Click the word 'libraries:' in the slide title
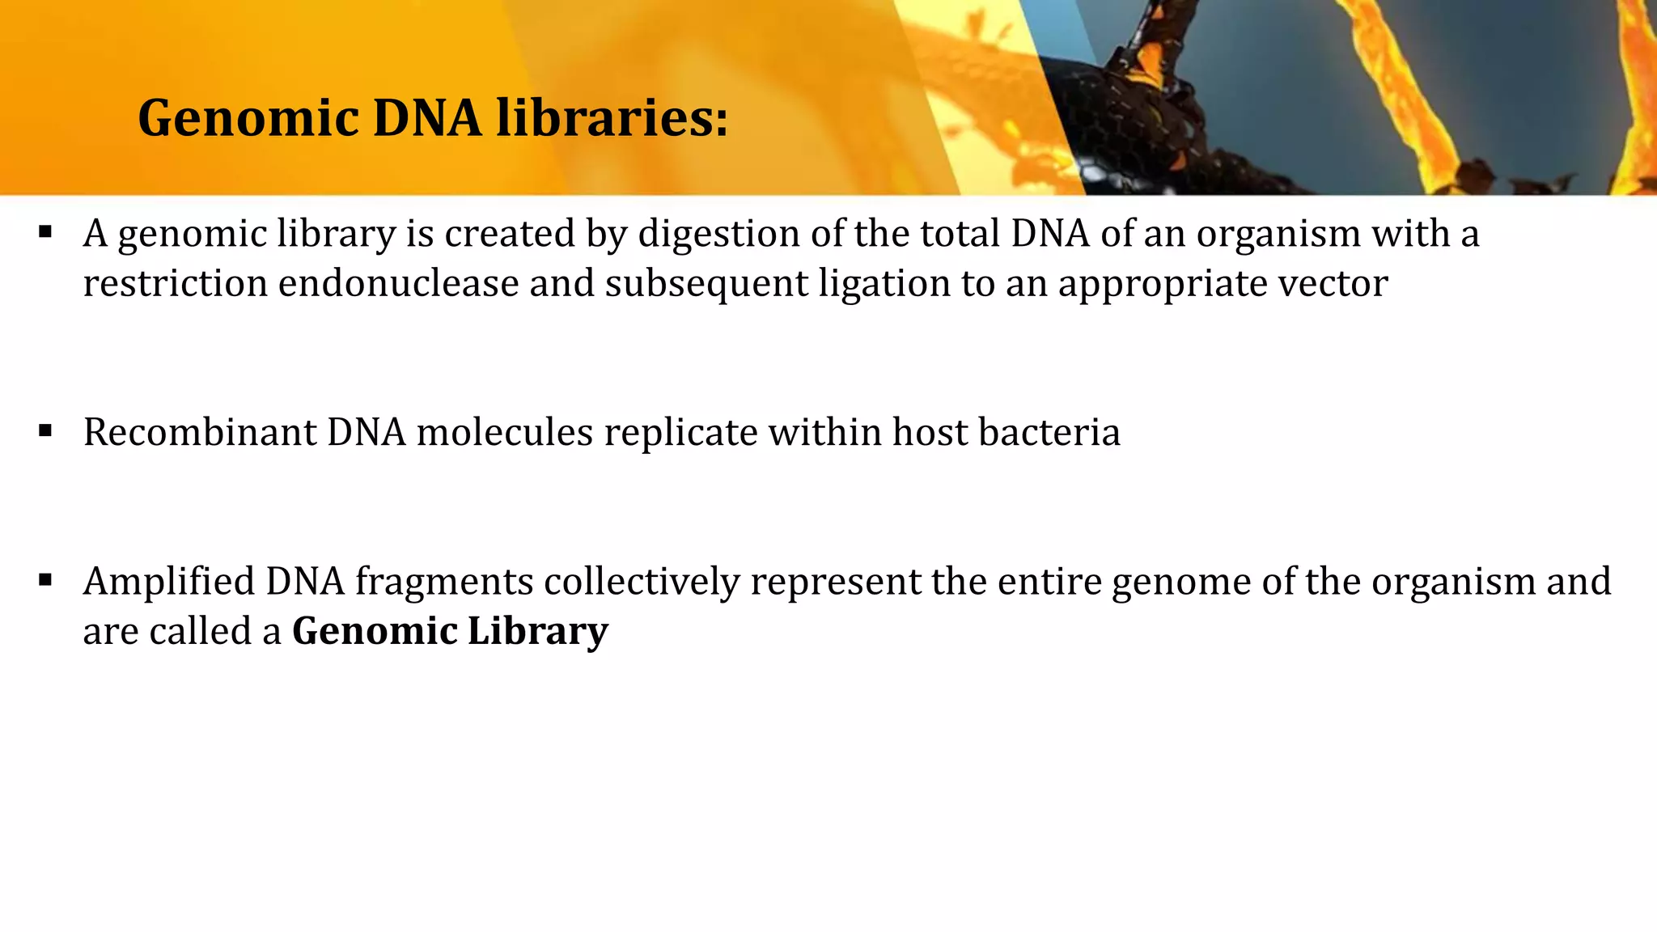[612, 118]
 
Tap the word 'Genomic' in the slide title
[248, 118]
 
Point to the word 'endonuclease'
[398, 284]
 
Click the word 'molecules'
[505, 432]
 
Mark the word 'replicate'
[680, 434]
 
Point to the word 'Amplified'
[168, 582]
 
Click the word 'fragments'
[443, 583]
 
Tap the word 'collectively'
[642, 582]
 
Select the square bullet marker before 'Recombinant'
[45, 430]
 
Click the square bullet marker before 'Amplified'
[45, 579]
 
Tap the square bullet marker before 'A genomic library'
[45, 233]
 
